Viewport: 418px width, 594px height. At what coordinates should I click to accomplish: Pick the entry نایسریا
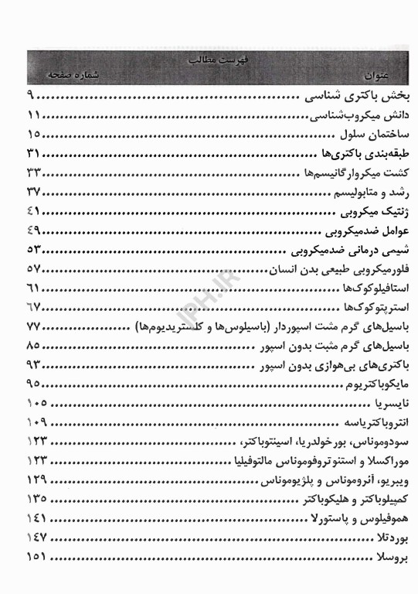point(384,403)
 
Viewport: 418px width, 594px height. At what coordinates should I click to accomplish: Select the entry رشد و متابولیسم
point(368,191)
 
